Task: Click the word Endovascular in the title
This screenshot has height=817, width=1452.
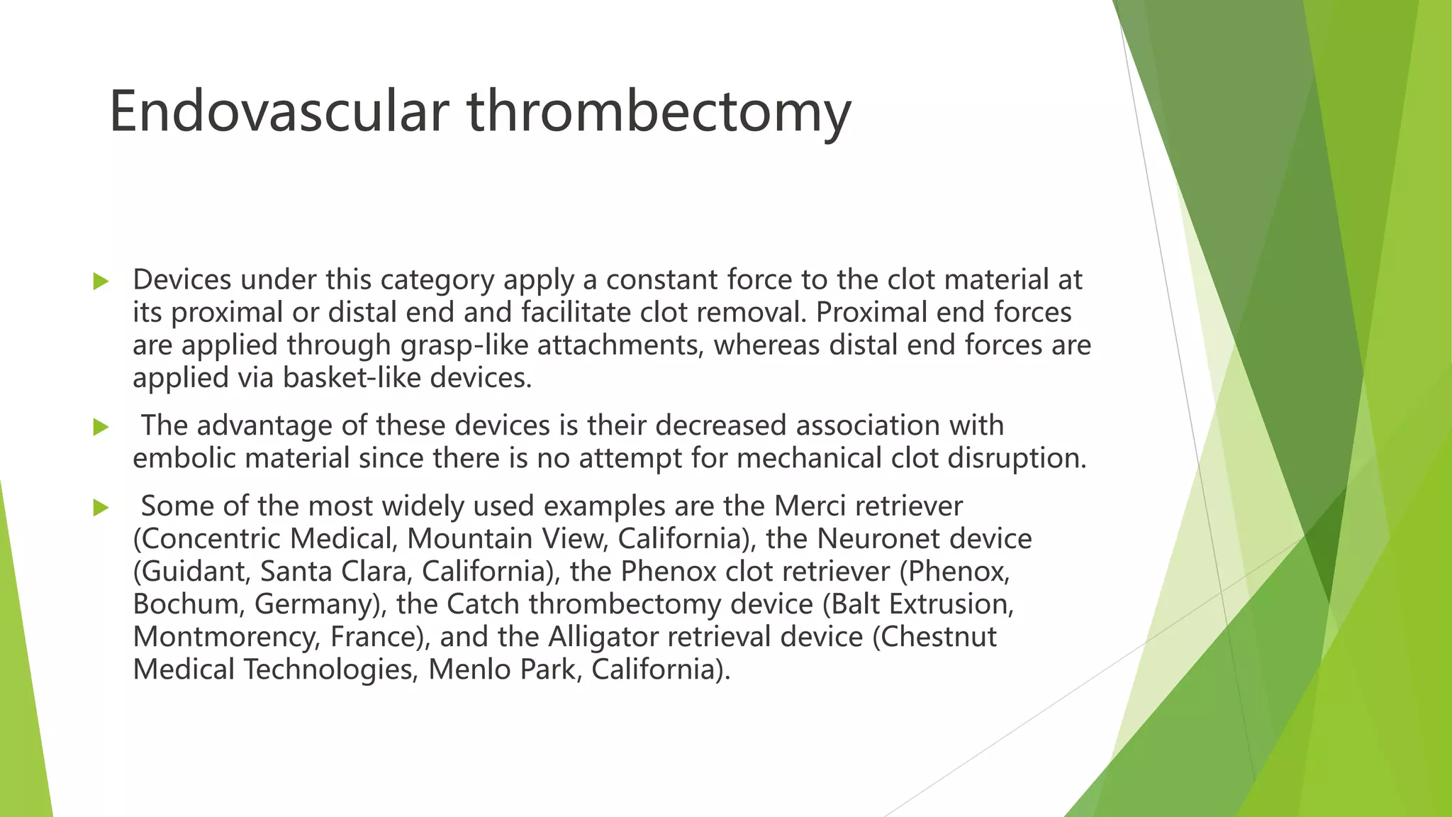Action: pos(279,111)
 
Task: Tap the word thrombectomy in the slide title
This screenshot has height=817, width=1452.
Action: pos(659,111)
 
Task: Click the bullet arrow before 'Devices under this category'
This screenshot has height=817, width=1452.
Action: pos(101,282)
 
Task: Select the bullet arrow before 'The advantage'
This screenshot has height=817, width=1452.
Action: pos(101,427)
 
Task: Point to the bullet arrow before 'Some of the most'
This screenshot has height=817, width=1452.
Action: pos(101,508)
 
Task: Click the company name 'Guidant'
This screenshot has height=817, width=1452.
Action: pos(193,572)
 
